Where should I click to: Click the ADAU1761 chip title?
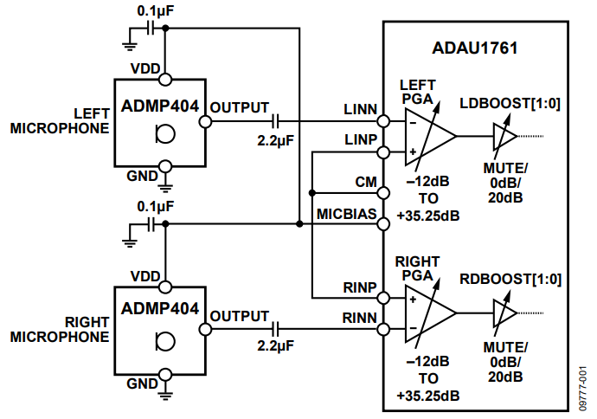pyautogui.click(x=474, y=48)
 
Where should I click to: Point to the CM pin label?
pyautogui.click(x=366, y=183)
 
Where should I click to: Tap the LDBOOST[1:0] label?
pyautogui.click(x=510, y=104)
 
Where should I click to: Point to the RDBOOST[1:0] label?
pyautogui.click(x=510, y=280)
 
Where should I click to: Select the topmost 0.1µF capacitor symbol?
pyautogui.click(x=151, y=28)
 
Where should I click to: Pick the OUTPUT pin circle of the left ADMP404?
pyautogui.click(x=205, y=121)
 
